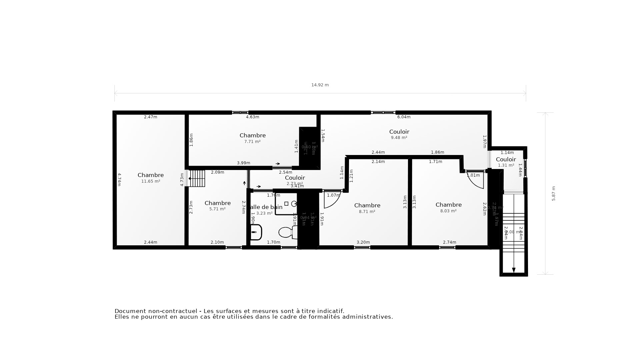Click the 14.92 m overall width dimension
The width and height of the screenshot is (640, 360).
tap(320, 85)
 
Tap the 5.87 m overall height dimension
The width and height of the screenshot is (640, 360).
tap(554, 193)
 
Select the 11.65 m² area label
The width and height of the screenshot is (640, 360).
tap(151, 181)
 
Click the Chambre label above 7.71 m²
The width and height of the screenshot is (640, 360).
tap(253, 135)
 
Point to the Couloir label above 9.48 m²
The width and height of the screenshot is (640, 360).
tap(399, 132)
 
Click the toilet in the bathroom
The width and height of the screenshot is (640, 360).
tap(286, 232)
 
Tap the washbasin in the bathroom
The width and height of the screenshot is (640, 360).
tap(256, 232)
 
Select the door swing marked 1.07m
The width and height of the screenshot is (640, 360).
tap(332, 200)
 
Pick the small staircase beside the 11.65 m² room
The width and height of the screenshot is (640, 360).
tap(197, 178)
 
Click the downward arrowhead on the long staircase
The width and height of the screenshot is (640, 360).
tap(514, 270)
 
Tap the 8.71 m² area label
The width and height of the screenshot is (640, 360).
tap(367, 211)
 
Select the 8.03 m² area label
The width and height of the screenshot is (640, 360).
tap(448, 211)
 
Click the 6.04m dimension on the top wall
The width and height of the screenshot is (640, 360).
tap(404, 117)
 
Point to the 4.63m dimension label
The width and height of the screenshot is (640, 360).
tap(252, 117)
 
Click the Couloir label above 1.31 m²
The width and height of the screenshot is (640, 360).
tap(506, 159)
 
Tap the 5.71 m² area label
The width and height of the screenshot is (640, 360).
tap(217, 209)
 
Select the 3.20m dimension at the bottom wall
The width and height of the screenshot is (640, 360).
tap(363, 242)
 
